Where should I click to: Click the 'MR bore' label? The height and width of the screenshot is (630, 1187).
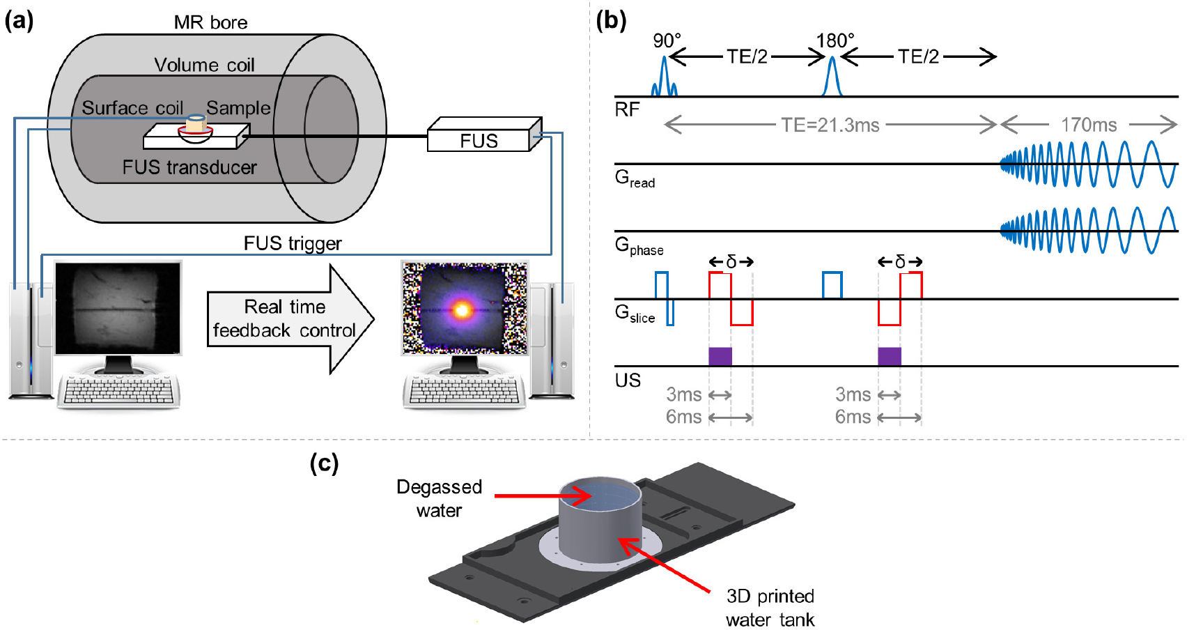pos(210,22)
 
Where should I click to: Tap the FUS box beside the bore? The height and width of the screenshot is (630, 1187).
pos(479,139)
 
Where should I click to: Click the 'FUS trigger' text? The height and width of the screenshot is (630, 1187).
pos(293,243)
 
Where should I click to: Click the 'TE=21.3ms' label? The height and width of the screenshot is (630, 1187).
pos(830,125)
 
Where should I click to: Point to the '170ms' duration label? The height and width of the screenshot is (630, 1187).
pos(1088,125)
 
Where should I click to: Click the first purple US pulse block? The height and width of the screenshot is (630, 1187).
pos(720,355)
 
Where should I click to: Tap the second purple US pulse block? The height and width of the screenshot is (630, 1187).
pos(890,355)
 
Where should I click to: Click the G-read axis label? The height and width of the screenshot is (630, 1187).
pos(635,179)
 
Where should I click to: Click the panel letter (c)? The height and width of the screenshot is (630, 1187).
pos(324,463)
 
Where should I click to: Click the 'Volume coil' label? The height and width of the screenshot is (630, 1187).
pos(204,65)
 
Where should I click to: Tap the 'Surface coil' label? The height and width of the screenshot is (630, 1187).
pos(132,108)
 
